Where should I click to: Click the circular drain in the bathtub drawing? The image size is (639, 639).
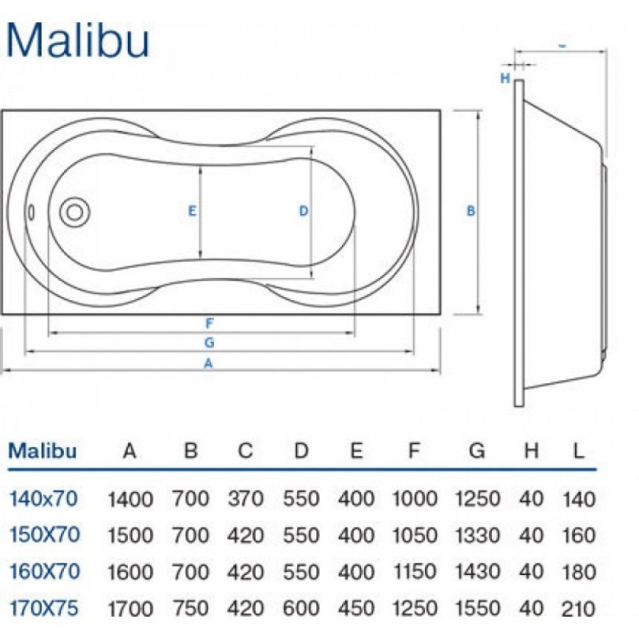[75, 212]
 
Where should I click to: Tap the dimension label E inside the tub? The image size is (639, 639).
[192, 212]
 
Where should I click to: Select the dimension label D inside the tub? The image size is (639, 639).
[304, 212]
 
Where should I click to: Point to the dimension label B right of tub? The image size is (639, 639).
[471, 212]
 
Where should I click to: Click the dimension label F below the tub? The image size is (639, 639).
[208, 323]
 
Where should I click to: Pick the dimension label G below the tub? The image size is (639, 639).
[208, 343]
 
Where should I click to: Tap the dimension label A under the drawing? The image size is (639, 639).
[208, 363]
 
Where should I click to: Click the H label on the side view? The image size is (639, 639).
[504, 78]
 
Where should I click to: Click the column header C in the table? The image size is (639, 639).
[245, 451]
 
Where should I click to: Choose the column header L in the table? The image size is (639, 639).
[578, 451]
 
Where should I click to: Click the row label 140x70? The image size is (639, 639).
[43, 499]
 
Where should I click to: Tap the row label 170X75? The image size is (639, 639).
[44, 608]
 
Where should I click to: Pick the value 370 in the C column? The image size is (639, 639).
[245, 500]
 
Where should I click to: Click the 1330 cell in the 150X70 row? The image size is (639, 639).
[477, 536]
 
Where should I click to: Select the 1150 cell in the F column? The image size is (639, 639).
[414, 572]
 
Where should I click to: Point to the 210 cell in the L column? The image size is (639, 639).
[578, 609]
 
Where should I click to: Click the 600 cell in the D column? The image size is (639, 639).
[301, 609]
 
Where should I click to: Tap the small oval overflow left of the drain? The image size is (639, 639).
[31, 212]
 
